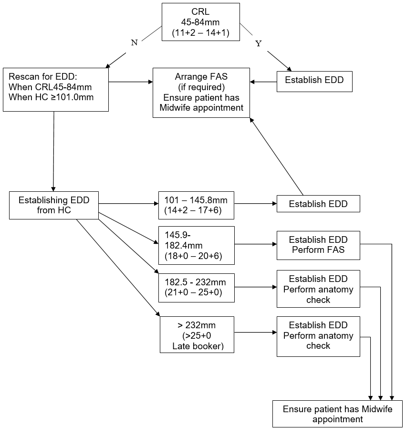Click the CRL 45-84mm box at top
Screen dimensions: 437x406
pyautogui.click(x=200, y=21)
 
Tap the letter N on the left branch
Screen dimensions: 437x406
pyautogui.click(x=134, y=42)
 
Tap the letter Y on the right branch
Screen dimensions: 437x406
pyautogui.click(x=259, y=43)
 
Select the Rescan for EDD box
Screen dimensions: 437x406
pyautogui.click(x=55, y=90)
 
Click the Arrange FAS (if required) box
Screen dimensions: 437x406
pyautogui.click(x=201, y=92)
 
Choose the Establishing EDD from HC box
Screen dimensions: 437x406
pyautogui.click(x=54, y=205)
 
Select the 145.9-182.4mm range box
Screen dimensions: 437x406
pyautogui.click(x=197, y=245)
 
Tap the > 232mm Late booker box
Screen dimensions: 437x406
pyautogui.click(x=197, y=335)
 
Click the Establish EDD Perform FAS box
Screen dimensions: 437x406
pyautogui.click(x=318, y=245)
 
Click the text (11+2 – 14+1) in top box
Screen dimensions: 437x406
pyautogui.click(x=200, y=33)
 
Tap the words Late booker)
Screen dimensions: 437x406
pyautogui.click(x=198, y=346)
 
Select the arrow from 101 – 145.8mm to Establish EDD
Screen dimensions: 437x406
pyautogui.click(x=255, y=204)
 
